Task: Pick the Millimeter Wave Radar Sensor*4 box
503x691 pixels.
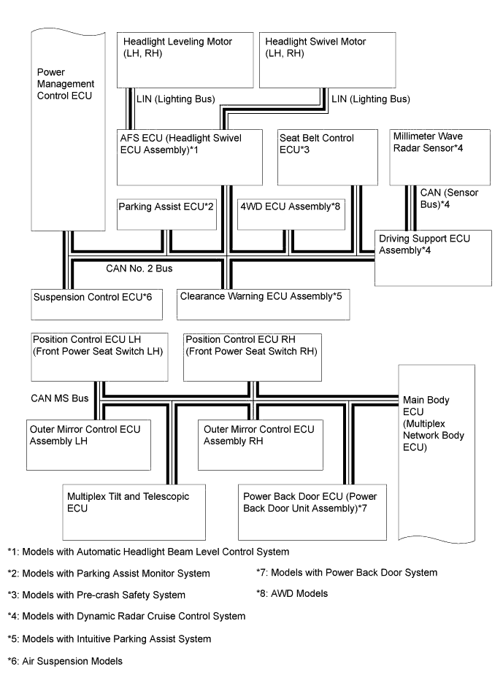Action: click(433, 156)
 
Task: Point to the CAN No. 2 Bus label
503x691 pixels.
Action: click(138, 269)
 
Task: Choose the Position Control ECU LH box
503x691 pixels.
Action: click(98, 357)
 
